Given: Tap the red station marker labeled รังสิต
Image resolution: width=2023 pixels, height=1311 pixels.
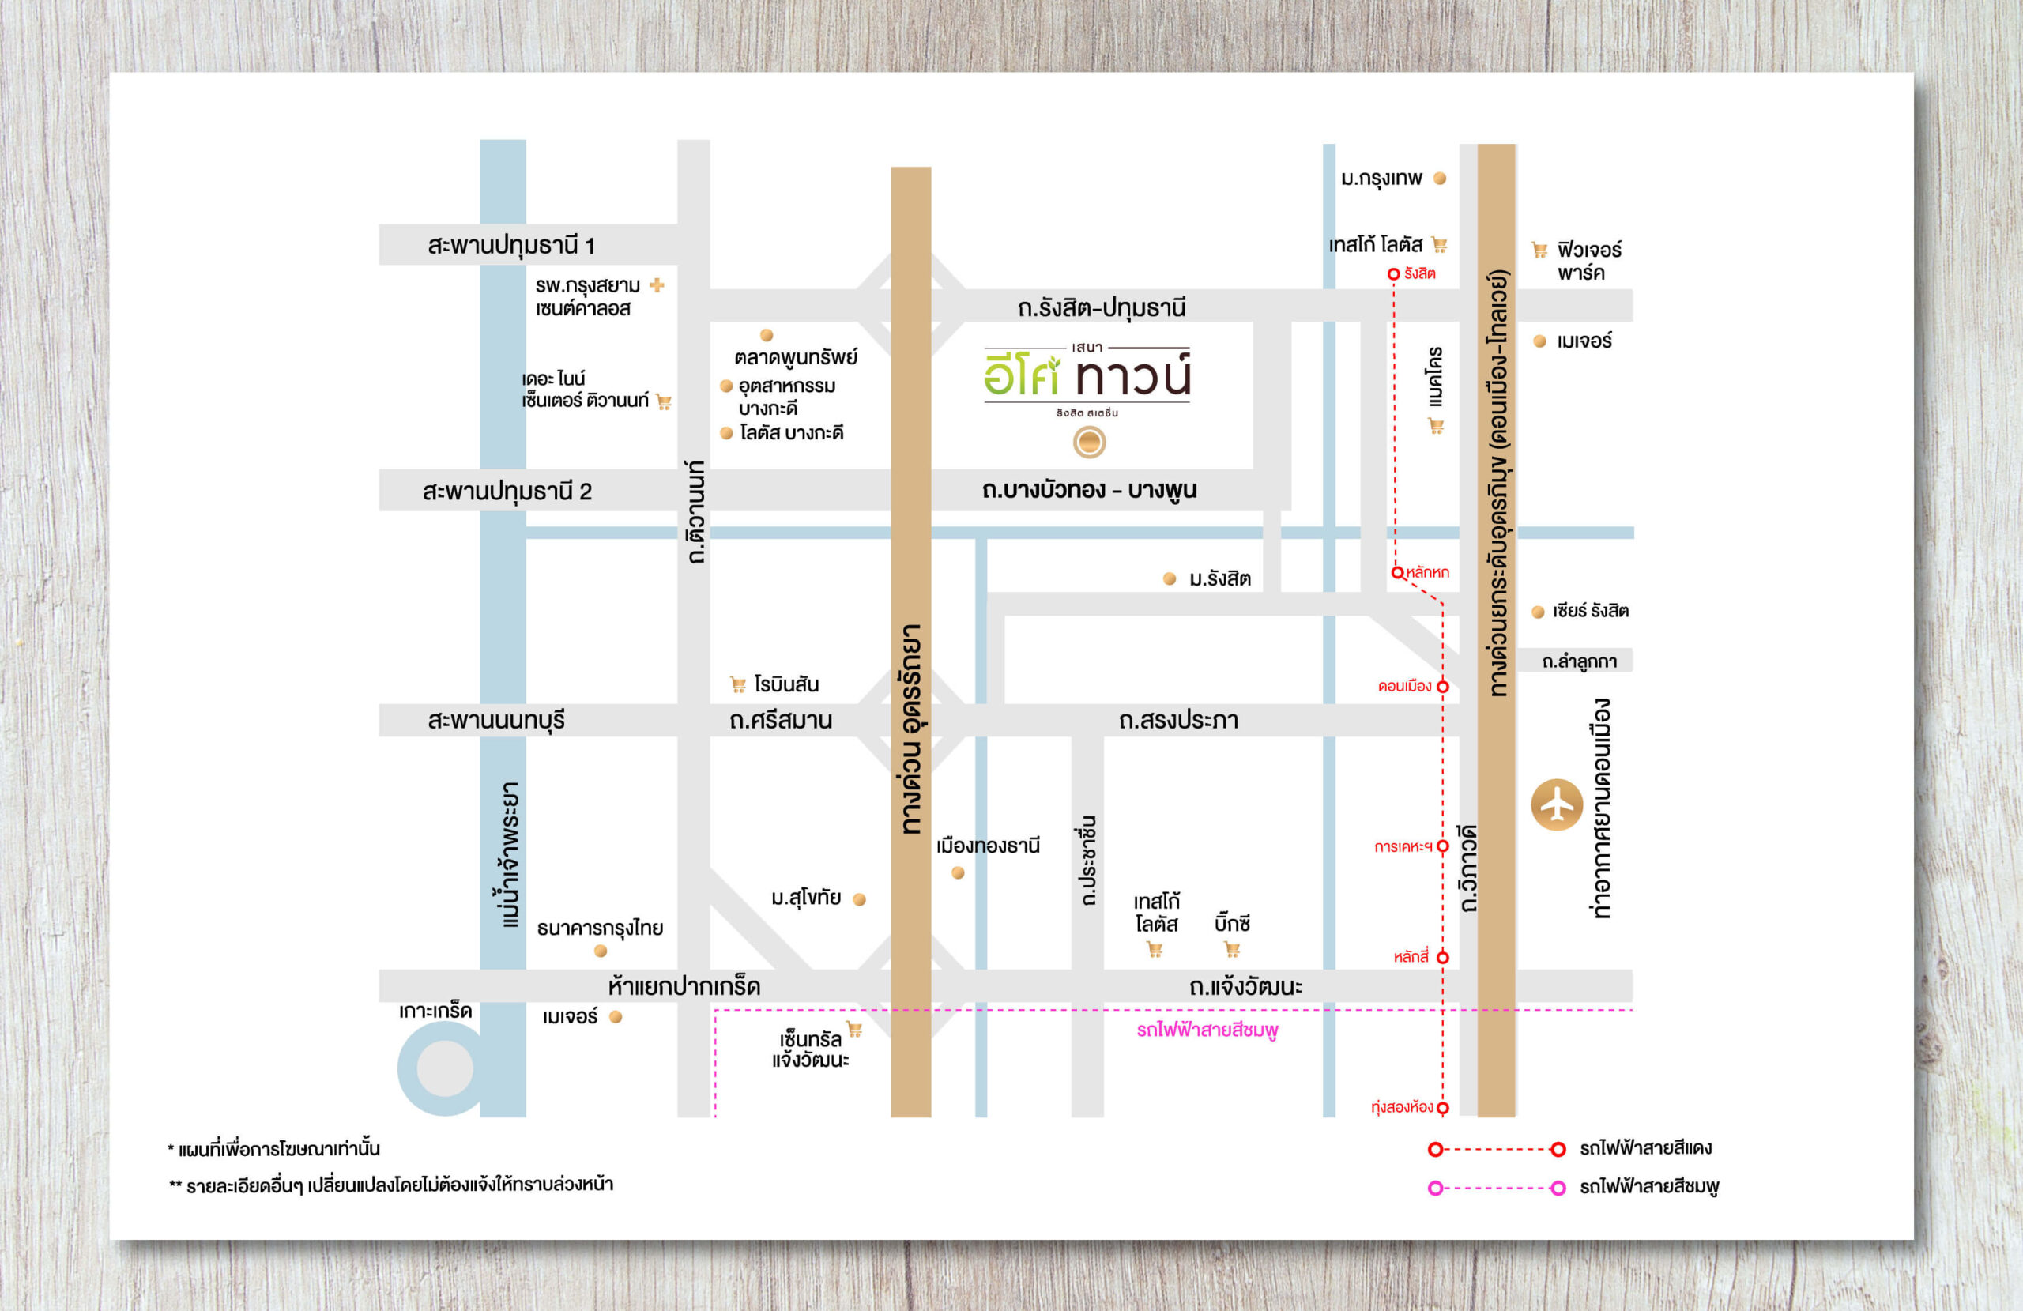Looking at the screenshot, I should click(x=1393, y=273).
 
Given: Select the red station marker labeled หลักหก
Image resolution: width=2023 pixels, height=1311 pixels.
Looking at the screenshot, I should click(x=1396, y=572).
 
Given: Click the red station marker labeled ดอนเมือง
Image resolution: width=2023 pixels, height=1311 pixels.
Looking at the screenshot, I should click(x=1442, y=686).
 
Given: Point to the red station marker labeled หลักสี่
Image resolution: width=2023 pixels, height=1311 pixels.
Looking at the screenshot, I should click(x=1442, y=957).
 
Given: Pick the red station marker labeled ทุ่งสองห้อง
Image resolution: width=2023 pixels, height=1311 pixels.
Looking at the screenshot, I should click(x=1442, y=1107).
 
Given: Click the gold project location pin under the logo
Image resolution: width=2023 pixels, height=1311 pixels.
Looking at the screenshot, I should click(x=1089, y=442).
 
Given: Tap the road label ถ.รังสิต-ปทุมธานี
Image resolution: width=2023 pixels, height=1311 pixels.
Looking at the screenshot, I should click(x=1101, y=307).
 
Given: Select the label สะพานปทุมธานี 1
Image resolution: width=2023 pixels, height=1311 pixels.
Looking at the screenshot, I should click(x=510, y=246).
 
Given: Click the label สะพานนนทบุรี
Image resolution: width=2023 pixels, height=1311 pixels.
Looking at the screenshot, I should click(x=496, y=720).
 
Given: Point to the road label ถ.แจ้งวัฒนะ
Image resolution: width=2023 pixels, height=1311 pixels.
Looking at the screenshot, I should click(x=1245, y=986).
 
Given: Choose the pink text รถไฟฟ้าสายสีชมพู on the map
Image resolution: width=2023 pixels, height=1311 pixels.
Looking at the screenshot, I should click(x=1207, y=1030).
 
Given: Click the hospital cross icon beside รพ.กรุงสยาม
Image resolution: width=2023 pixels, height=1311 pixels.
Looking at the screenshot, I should click(x=657, y=284).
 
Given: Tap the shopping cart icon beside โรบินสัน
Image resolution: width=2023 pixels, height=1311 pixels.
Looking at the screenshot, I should click(x=738, y=684).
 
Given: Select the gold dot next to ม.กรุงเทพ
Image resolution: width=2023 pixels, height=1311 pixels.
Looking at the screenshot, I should click(x=1440, y=179).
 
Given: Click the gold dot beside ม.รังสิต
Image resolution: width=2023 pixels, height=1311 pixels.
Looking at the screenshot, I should click(x=1170, y=579).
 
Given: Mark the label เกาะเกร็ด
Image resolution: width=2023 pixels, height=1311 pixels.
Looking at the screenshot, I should click(x=435, y=1011).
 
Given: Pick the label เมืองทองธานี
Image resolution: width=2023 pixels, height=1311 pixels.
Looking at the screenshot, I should click(x=988, y=846).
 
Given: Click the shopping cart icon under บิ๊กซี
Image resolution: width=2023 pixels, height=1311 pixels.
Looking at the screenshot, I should click(x=1233, y=950).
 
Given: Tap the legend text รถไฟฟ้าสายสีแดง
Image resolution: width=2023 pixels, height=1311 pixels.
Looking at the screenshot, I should click(x=1645, y=1147).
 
